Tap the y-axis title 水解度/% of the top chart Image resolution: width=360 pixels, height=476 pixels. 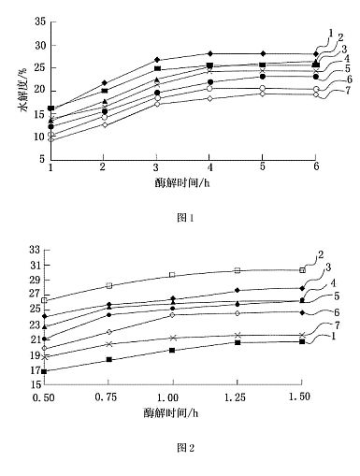point(24,91)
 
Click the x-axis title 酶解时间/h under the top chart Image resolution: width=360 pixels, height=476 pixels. point(182,182)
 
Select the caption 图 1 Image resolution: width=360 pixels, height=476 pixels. point(185,218)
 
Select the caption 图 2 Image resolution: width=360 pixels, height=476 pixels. point(185,448)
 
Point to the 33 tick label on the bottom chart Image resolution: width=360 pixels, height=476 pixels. point(35,250)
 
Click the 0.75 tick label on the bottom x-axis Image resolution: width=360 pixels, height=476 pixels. point(106,397)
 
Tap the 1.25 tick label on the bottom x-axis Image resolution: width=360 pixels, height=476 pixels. point(235,397)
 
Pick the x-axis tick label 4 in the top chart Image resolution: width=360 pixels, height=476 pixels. point(210,167)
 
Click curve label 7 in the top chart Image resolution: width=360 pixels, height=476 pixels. point(347,91)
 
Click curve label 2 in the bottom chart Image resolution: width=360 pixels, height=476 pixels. point(321,255)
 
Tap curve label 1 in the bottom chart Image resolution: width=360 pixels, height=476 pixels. point(334,336)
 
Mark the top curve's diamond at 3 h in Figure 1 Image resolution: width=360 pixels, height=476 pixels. point(157,60)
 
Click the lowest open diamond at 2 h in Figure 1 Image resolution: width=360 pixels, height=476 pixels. point(105,124)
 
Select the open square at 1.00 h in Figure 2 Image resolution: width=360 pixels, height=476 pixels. point(172,275)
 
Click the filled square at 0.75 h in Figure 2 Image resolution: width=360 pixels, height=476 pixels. point(108,359)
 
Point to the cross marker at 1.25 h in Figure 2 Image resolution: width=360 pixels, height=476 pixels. point(238,335)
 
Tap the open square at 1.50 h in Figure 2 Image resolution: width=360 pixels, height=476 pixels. point(302,270)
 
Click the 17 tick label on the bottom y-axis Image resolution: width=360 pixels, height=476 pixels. point(35,370)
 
